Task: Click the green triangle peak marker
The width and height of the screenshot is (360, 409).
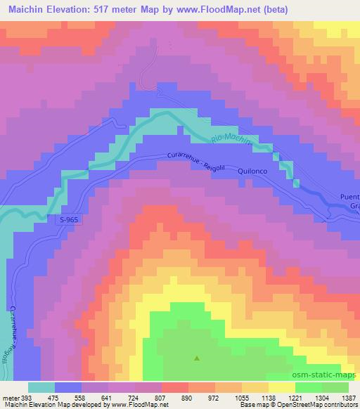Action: (196, 359)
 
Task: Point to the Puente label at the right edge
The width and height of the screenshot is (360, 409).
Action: (351, 197)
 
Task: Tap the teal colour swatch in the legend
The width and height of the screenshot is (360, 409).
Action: (41, 387)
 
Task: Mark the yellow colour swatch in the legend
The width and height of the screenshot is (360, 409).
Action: (281, 387)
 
